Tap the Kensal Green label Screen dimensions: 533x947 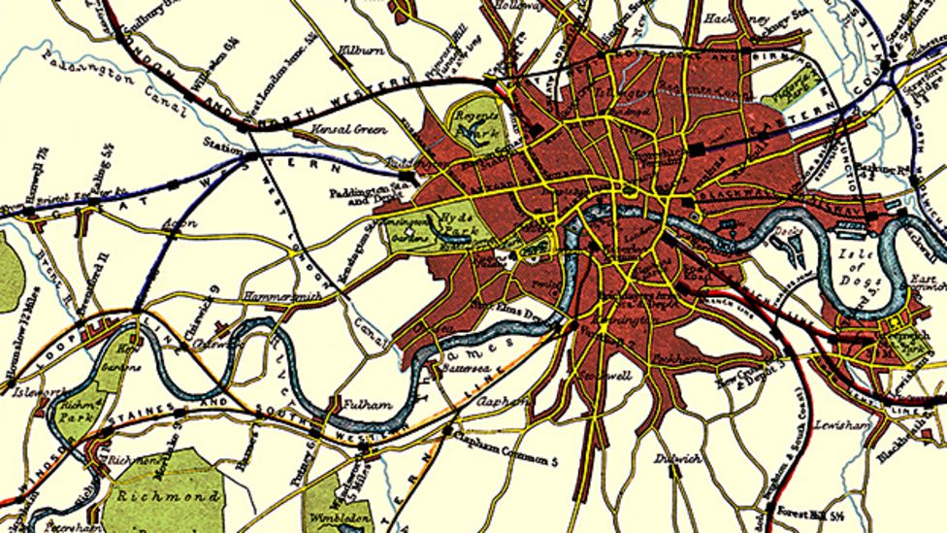click(350, 129)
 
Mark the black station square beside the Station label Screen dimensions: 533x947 click(251, 154)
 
